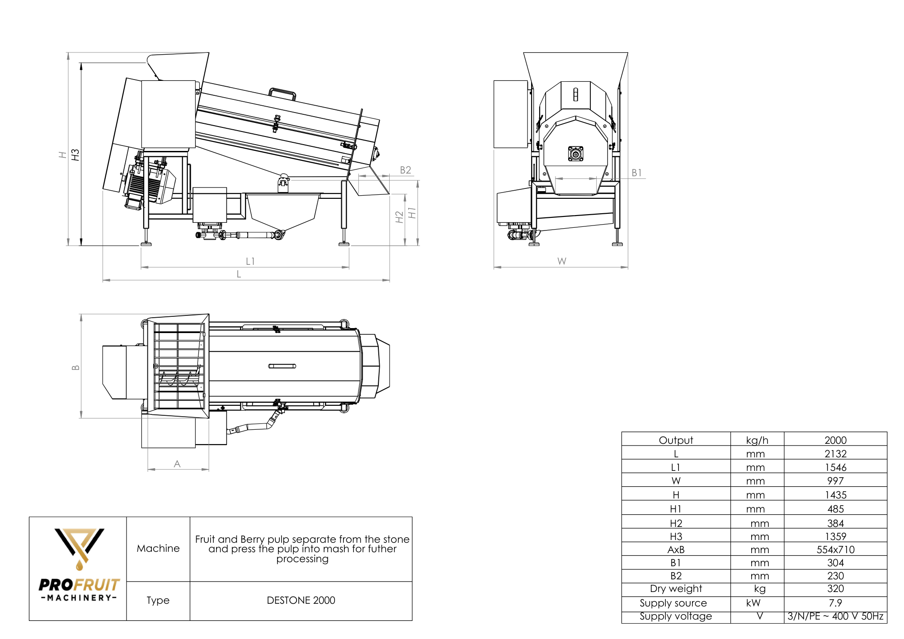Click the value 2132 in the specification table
[835, 454]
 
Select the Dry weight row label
[676, 588]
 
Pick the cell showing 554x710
[835, 550]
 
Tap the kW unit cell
[753, 603]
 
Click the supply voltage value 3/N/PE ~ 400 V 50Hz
[835, 616]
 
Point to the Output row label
[676, 440]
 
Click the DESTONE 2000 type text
[301, 600]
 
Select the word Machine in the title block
[158, 548]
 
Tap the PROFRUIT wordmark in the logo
[79, 585]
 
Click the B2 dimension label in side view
[405, 170]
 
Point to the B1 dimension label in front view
[636, 173]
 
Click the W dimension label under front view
[561, 261]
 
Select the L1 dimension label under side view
[250, 261]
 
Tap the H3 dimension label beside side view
[75, 155]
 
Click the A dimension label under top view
[177, 464]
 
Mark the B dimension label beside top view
[75, 367]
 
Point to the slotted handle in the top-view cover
[282, 366]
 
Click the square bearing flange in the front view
[575, 154]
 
